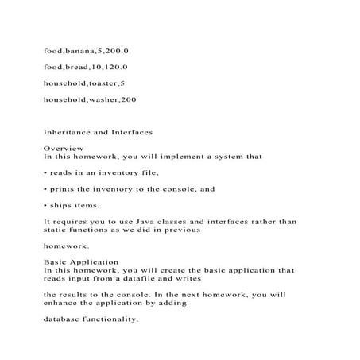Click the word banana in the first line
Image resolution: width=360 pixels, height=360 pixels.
(80, 50)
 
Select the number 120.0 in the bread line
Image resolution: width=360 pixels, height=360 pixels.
(115, 67)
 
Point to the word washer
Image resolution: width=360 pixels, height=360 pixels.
(97, 99)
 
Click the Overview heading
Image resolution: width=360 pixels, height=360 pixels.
(60, 149)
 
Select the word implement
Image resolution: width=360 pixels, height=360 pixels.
(193, 157)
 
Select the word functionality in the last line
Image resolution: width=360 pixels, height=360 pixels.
(112, 319)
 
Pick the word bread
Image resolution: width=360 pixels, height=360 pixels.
(76, 67)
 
